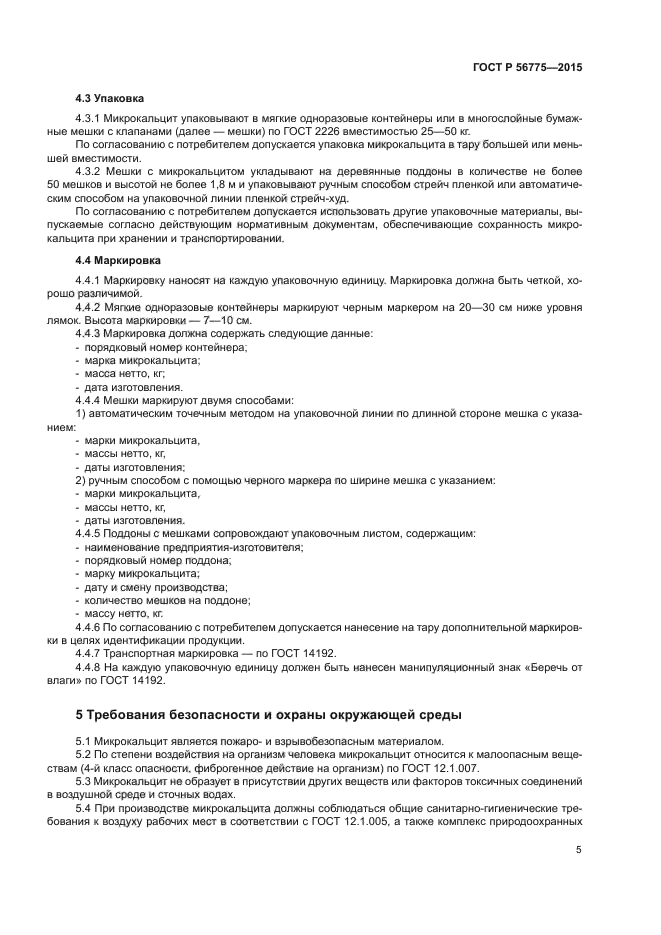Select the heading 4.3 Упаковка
(x=109, y=99)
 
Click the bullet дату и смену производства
(x=155, y=587)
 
